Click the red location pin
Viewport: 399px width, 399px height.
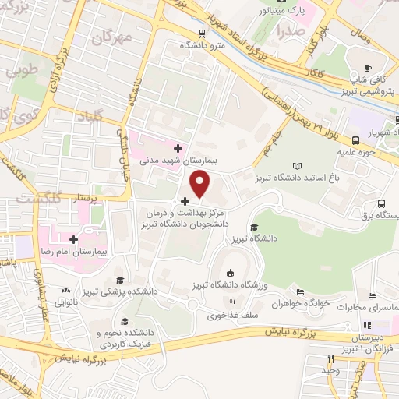(201, 183)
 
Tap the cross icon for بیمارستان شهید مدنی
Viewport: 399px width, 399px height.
(178, 147)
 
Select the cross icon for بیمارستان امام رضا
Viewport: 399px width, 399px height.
(73, 239)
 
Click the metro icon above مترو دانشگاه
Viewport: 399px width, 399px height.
(203, 34)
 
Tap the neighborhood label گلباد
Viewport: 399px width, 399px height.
(96, 117)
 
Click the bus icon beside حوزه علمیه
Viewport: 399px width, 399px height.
(355, 140)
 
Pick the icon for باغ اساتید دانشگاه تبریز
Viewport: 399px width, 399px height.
(297, 165)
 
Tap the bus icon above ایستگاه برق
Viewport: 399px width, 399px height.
(381, 204)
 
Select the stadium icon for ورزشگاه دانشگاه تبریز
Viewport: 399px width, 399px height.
(230, 272)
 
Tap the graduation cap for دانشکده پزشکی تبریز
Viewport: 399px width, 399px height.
(119, 281)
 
